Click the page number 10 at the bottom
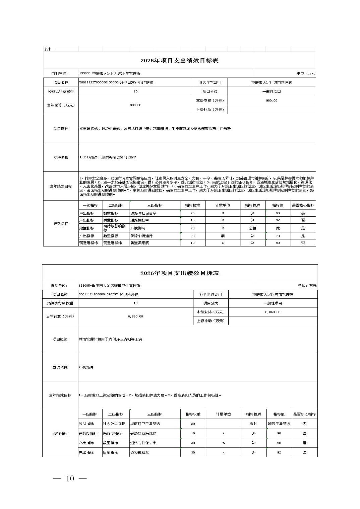(x=70, y=479)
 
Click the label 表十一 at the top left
(x=49, y=49)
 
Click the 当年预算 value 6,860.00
(x=135, y=316)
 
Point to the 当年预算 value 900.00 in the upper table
(x=135, y=105)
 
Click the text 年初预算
(x=86, y=367)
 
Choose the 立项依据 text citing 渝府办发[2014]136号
(x=108, y=157)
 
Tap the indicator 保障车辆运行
(x=141, y=236)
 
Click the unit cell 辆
(x=223, y=236)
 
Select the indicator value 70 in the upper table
(x=278, y=236)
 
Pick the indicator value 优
(x=278, y=228)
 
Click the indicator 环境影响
(x=138, y=228)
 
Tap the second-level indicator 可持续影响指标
(x=114, y=228)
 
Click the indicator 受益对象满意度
(x=143, y=433)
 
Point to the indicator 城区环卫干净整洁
(x=145, y=424)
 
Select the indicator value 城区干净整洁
(x=279, y=424)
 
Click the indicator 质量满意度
(x=139, y=243)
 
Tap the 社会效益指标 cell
(x=114, y=424)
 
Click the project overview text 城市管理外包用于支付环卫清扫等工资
(x=110, y=339)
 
